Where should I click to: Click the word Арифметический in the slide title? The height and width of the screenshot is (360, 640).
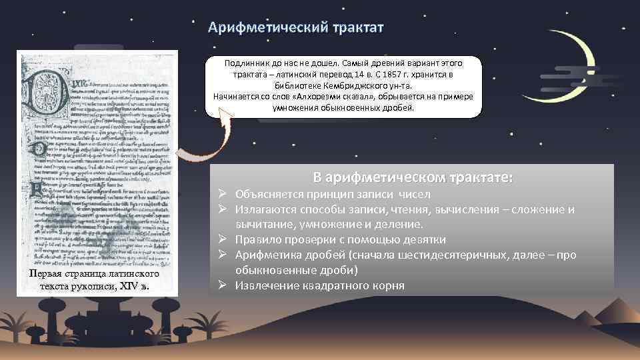(x=264, y=27)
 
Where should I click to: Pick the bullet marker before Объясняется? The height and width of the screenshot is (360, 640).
(x=224, y=194)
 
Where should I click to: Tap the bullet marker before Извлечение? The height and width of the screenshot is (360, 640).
(x=224, y=285)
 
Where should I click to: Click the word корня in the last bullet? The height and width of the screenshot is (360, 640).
(x=386, y=285)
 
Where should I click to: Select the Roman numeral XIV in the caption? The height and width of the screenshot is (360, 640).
(x=127, y=287)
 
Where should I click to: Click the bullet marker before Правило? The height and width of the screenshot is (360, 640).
(x=224, y=239)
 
